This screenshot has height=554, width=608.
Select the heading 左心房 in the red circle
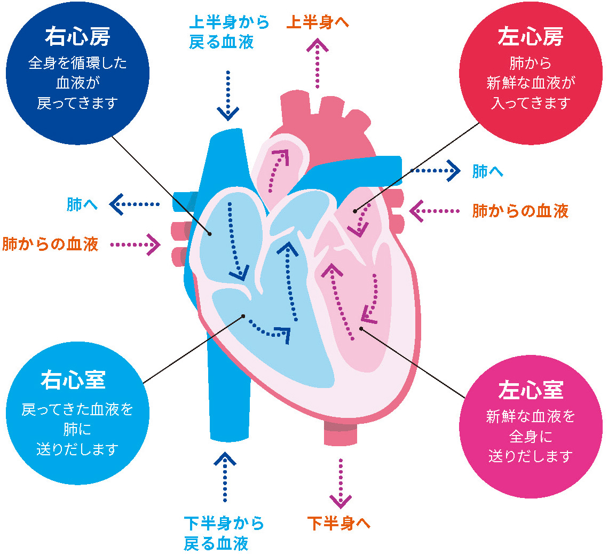530,37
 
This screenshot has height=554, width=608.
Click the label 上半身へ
318,23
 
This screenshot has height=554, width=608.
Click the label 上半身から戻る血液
229,33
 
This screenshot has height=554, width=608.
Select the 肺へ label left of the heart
82,204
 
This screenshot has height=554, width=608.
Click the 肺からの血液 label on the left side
50,244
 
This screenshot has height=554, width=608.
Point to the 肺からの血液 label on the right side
520,211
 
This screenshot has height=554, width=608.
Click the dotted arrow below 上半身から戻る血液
228,94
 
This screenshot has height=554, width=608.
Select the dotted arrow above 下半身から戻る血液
225,477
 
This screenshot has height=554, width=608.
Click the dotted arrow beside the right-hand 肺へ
435,171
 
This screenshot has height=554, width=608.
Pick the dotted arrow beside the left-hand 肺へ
136,204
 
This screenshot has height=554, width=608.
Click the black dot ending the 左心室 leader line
361,328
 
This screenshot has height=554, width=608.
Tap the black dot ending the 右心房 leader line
210,233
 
